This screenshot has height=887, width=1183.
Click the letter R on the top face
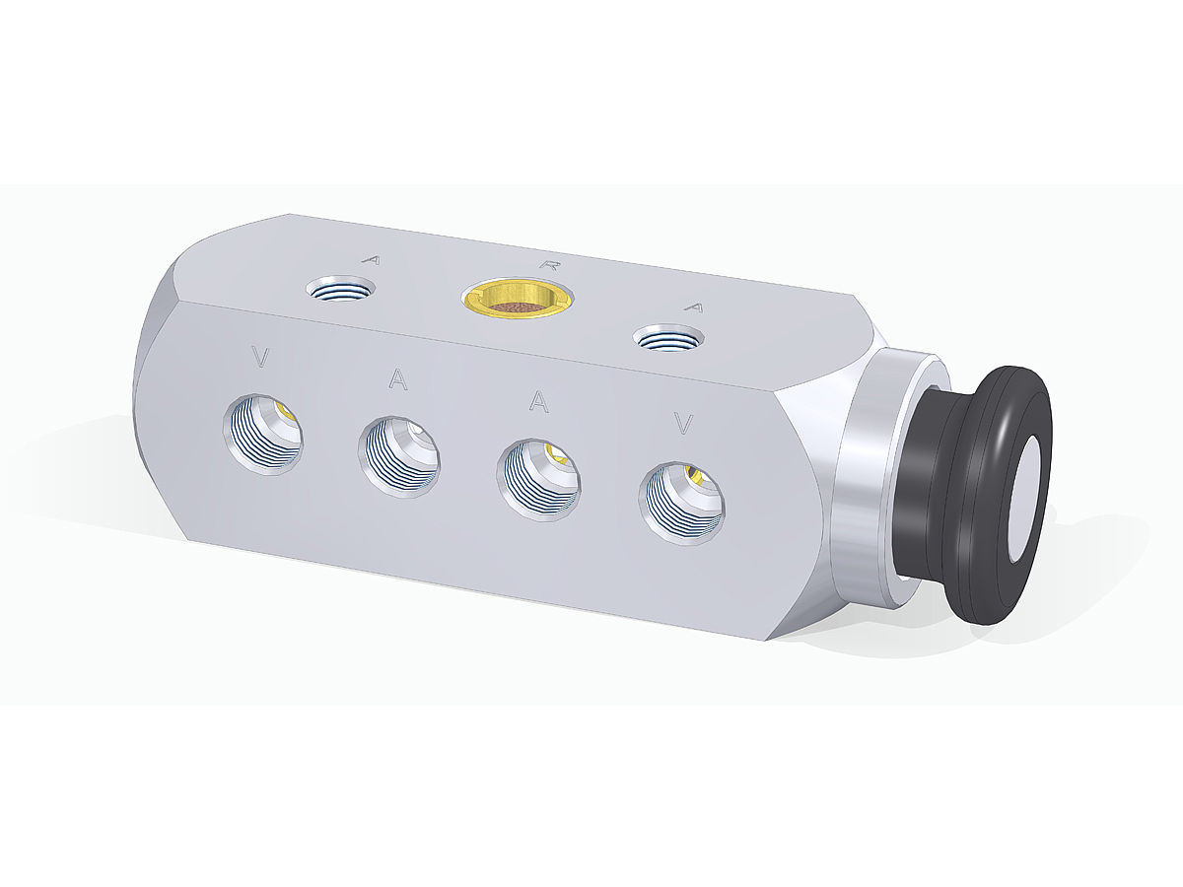[550, 264]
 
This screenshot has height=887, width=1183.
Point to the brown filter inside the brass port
[518, 307]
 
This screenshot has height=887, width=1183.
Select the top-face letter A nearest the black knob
[694, 307]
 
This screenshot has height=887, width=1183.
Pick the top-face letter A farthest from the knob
[372, 260]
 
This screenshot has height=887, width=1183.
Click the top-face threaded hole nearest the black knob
[668, 338]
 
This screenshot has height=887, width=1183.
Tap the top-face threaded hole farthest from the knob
[341, 288]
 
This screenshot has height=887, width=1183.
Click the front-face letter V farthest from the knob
[261, 357]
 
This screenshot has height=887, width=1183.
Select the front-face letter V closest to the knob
[683, 424]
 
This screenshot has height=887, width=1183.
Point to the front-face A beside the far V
[397, 378]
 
